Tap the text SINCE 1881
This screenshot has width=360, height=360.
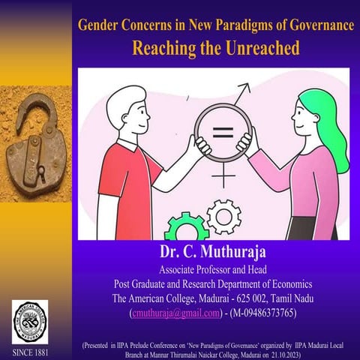[x=30, y=352]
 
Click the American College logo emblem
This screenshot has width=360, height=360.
[x=30, y=321]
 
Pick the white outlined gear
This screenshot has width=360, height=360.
[x=223, y=217]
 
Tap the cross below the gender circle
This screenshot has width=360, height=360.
[x=223, y=177]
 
